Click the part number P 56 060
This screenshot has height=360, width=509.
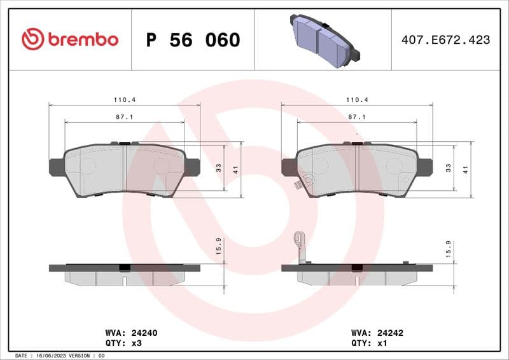(x=193, y=40)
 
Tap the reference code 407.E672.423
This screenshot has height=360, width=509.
(x=445, y=39)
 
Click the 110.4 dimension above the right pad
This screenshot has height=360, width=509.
(x=357, y=100)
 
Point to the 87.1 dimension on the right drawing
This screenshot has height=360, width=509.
(x=357, y=117)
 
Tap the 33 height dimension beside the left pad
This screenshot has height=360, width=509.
(x=218, y=168)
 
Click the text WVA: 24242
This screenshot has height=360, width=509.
(x=378, y=333)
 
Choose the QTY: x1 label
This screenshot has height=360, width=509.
(x=369, y=343)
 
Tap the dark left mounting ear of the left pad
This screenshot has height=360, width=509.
(x=57, y=166)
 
